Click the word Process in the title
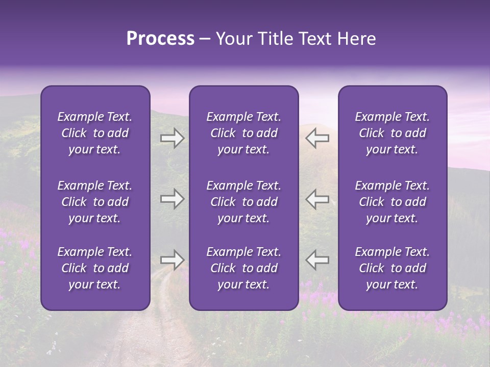click(160, 39)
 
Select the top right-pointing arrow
click(173, 138)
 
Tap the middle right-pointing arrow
click(173, 199)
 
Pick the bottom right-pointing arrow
click(173, 260)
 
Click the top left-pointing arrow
click(317, 138)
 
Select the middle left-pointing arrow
click(317, 199)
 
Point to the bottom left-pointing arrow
click(317, 260)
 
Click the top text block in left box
click(95, 133)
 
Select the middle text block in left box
click(95, 202)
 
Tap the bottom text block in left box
click(95, 268)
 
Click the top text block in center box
click(243, 133)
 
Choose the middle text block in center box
click(243, 202)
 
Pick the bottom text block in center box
click(243, 268)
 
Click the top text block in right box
click(392, 133)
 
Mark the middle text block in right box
click(392, 202)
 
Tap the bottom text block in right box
click(392, 268)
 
